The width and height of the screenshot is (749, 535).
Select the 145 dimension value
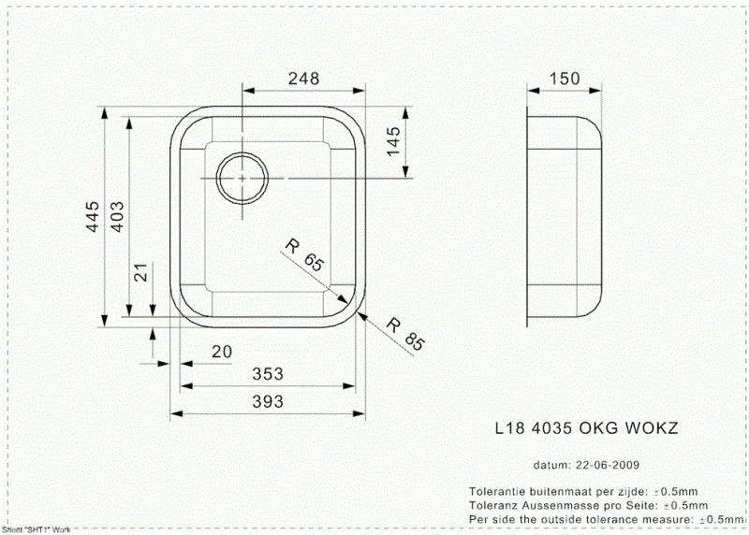pos(394,141)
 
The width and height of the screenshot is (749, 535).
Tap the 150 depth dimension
pos(565,79)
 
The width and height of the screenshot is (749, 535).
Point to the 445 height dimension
pos(92,217)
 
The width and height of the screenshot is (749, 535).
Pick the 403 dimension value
pos(118,217)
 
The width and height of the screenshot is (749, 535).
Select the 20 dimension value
pos(221,351)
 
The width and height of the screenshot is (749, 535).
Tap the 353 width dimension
pos(269,375)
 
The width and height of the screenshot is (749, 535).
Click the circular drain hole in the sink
pos(242,177)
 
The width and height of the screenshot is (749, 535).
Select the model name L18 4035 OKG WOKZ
pos(586,428)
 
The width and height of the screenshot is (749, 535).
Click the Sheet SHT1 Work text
pos(37,529)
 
